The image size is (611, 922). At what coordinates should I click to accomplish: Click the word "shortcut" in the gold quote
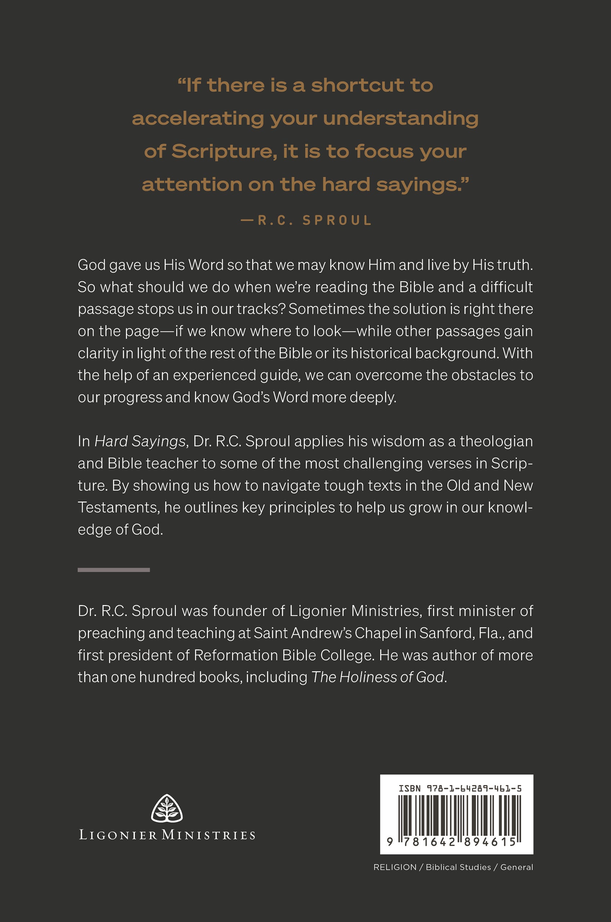point(357,85)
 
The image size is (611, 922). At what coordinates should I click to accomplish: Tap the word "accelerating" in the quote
point(198,118)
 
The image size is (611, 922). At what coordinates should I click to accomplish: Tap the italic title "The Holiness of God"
point(377,677)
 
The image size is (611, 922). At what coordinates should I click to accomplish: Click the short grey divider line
point(114,570)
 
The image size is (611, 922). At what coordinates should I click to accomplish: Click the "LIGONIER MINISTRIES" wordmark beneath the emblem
point(167,835)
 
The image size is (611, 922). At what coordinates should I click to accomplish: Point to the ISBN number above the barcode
point(460,789)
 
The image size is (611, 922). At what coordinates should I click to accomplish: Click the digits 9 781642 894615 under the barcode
point(452,842)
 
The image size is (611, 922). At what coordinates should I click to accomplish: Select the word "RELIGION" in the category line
point(395,867)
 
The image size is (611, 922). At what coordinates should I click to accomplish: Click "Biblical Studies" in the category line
point(458,867)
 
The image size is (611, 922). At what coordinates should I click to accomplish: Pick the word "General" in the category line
point(516,867)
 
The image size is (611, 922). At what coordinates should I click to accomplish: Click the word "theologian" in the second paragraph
point(496,442)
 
